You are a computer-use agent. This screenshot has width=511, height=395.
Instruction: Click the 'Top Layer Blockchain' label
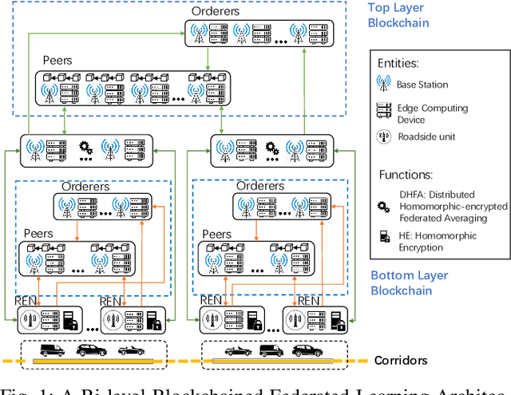(x=398, y=15)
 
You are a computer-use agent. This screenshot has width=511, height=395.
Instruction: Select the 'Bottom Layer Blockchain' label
(x=409, y=282)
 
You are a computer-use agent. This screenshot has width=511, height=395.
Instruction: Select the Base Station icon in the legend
(x=384, y=83)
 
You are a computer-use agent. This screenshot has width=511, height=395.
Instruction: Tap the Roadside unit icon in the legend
(x=384, y=136)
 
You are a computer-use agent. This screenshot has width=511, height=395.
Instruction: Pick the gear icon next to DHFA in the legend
(x=384, y=204)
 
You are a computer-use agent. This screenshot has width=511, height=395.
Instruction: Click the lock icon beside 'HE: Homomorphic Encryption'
(x=384, y=237)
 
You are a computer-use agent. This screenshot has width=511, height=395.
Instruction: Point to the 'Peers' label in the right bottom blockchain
(x=217, y=235)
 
